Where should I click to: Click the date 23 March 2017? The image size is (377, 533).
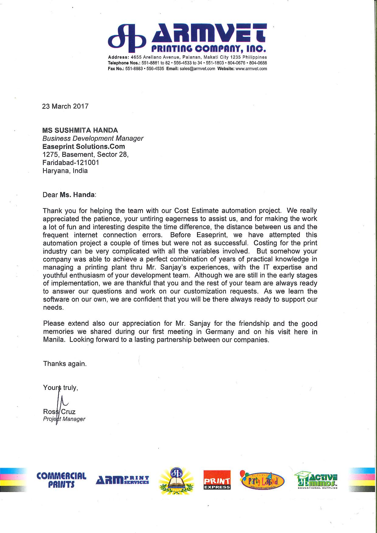(65, 106)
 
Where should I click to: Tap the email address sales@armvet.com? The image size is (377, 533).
(197, 69)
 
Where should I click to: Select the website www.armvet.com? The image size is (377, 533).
(251, 69)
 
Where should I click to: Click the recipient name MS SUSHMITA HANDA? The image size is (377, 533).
(80, 130)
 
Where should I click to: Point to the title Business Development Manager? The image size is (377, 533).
(93, 139)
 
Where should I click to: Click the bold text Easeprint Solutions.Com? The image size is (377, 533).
(84, 146)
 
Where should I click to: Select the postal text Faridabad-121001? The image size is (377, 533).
(71, 163)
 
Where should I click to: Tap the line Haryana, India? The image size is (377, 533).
(65, 171)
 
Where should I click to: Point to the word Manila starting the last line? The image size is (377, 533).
(54, 340)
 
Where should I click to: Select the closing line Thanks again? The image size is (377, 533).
(65, 364)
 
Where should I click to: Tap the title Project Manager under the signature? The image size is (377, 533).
(64, 419)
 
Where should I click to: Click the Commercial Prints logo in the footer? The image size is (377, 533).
(61, 480)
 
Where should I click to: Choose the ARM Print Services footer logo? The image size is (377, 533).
(122, 480)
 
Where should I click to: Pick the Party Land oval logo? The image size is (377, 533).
(262, 480)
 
